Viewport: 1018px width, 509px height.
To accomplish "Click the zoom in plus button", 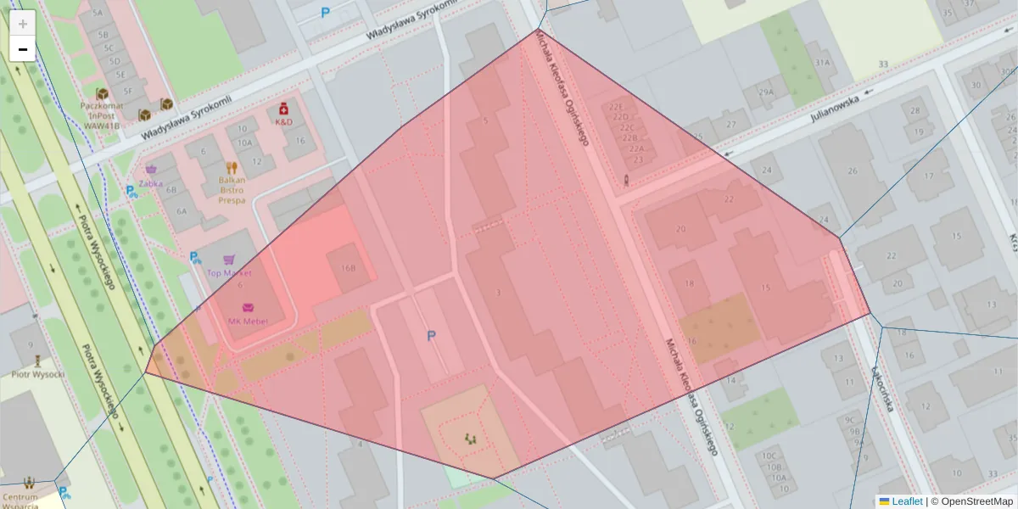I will coord(23,23).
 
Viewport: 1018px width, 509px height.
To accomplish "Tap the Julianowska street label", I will coord(834,107).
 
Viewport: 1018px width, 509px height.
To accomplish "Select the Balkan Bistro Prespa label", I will coord(232,190).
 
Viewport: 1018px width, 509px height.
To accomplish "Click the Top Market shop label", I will coord(229,273).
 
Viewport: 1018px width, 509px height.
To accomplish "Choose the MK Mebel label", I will coord(248,322).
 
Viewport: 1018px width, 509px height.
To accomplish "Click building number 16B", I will coord(348,267).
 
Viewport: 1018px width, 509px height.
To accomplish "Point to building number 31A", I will coord(821,63).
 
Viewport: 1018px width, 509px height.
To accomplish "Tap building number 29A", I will coord(766,92).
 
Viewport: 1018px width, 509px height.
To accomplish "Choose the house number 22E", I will coord(617,108).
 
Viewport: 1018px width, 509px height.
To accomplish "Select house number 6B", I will coord(171,190).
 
